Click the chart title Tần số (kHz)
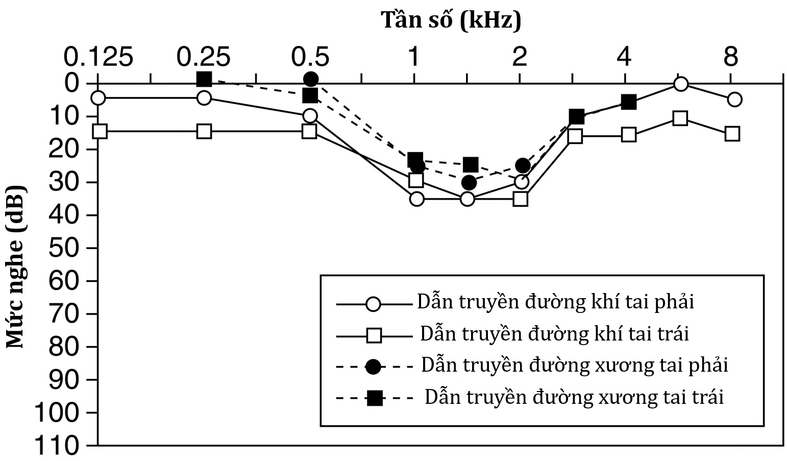point(451,20)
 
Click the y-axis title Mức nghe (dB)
point(15,266)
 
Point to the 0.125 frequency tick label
point(98,57)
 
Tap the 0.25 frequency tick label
point(203,57)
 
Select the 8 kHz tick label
point(731,57)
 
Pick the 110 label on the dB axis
point(57,446)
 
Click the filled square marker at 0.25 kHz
point(204,79)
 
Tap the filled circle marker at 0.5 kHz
point(311,80)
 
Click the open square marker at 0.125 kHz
point(100,131)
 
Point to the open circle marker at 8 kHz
point(734,100)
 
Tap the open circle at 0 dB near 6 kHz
point(680,84)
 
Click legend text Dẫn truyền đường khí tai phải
point(555,302)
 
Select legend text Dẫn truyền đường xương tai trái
point(574,397)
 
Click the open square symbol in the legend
point(374,335)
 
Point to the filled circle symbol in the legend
point(373,367)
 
